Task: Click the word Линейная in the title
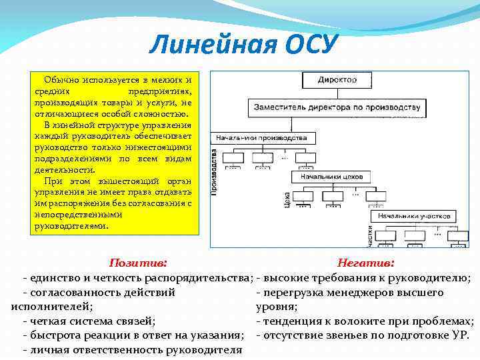(x=203, y=45)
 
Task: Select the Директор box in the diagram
(x=336, y=80)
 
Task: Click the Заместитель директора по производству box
(x=336, y=107)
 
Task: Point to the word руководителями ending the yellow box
(x=70, y=226)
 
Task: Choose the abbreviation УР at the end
(x=459, y=335)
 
